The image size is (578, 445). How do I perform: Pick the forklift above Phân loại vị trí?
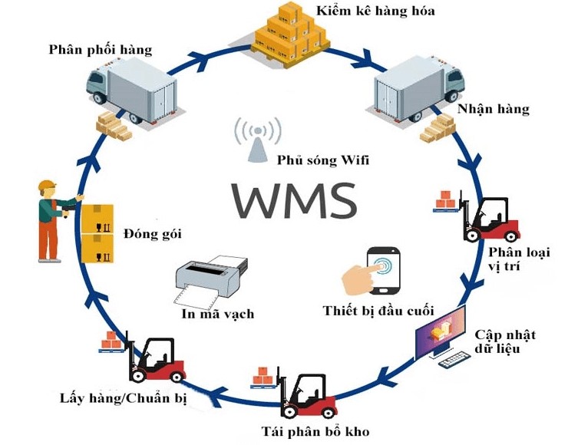[x=487, y=219]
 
